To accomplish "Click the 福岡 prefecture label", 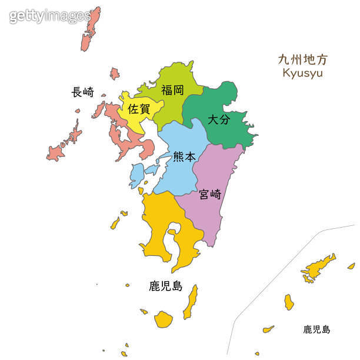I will tap(172, 90).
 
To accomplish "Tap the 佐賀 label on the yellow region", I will tap(139, 109).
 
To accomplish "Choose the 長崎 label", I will tap(82, 92).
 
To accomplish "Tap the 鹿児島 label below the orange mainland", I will tap(165, 286).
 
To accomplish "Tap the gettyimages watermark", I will tap(50, 16).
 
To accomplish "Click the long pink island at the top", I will tap(91, 29).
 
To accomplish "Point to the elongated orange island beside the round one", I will tap(191, 302).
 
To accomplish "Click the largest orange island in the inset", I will tap(318, 268).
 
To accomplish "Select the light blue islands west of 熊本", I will tap(137, 174).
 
